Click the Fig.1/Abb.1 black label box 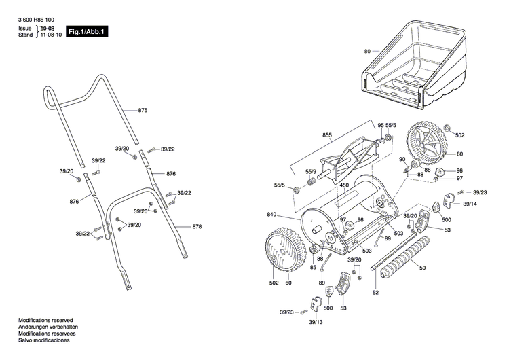[x=87, y=32]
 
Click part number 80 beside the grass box [x=367, y=51]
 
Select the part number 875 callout [x=143, y=110]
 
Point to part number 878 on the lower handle [x=197, y=226]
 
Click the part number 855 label [x=327, y=136]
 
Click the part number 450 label [x=344, y=185]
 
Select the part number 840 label [x=271, y=215]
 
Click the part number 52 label [x=375, y=292]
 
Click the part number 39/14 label [x=470, y=204]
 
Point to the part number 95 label [x=381, y=126]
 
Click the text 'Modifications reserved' [x=45, y=319]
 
